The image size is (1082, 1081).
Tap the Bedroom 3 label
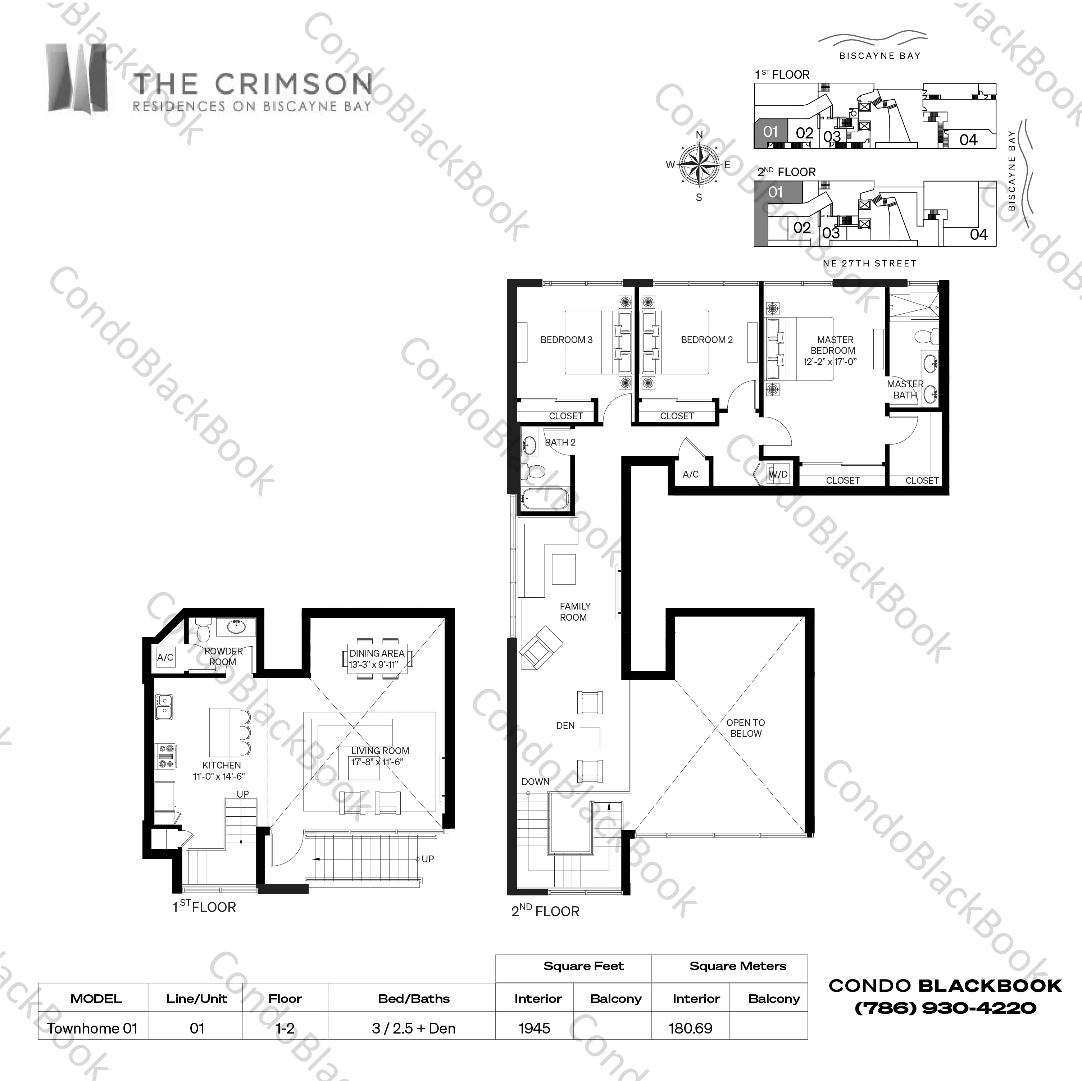pyautogui.click(x=566, y=340)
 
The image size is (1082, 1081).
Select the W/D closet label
pyautogui.click(x=778, y=475)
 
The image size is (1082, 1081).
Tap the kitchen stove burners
pyautogui.click(x=166, y=756)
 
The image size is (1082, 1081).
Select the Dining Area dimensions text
pyautogui.click(x=373, y=665)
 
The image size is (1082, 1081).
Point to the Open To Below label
pyautogui.click(x=745, y=728)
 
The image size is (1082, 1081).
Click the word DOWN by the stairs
pyautogui.click(x=535, y=781)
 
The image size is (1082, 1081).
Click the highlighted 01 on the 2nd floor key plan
pyautogui.click(x=775, y=192)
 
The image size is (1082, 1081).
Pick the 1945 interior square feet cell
pyautogui.click(x=534, y=1028)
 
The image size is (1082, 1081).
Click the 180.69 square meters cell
pyautogui.click(x=691, y=1028)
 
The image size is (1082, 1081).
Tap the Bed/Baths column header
pyautogui.click(x=414, y=999)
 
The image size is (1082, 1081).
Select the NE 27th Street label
pyautogui.click(x=870, y=263)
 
